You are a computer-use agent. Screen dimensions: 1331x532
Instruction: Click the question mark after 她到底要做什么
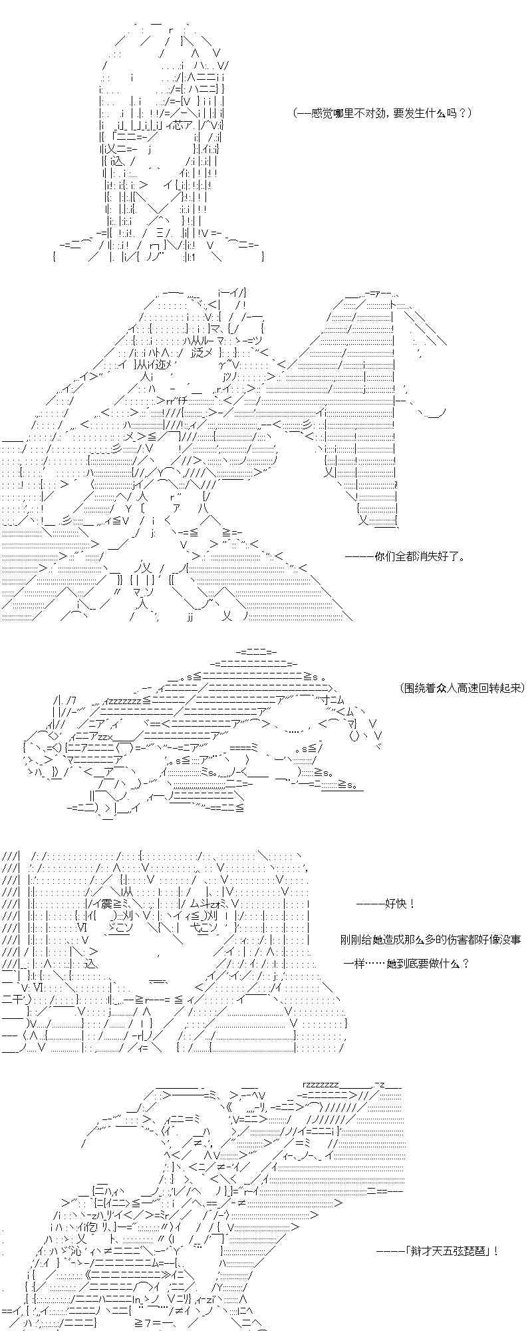(x=465, y=963)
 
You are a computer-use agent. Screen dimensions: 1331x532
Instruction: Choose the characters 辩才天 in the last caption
(x=426, y=1250)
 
